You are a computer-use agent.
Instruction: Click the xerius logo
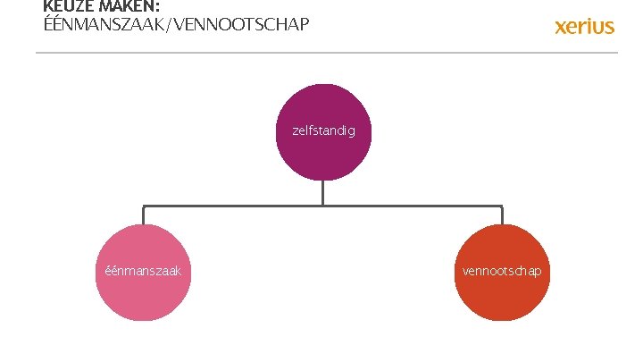coord(584,26)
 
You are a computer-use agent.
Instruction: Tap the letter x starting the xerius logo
coord(561,27)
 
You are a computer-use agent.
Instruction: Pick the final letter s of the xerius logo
coord(609,27)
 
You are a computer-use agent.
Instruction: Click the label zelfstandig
coord(322,130)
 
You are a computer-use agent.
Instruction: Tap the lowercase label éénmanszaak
coord(143,270)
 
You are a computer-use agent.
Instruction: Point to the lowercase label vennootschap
coord(501,270)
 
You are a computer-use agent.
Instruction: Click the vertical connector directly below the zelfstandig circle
coord(322,191)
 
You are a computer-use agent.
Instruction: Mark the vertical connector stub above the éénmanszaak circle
coord(143,215)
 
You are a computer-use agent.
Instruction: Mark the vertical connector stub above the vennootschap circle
coord(502,215)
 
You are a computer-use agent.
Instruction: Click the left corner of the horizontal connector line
coord(143,206)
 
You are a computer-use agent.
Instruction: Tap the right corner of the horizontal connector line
coord(502,206)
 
